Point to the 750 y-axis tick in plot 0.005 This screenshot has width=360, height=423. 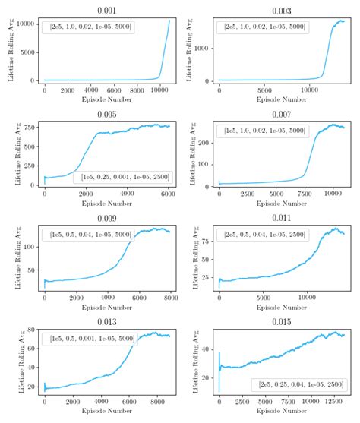tap(30, 127)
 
